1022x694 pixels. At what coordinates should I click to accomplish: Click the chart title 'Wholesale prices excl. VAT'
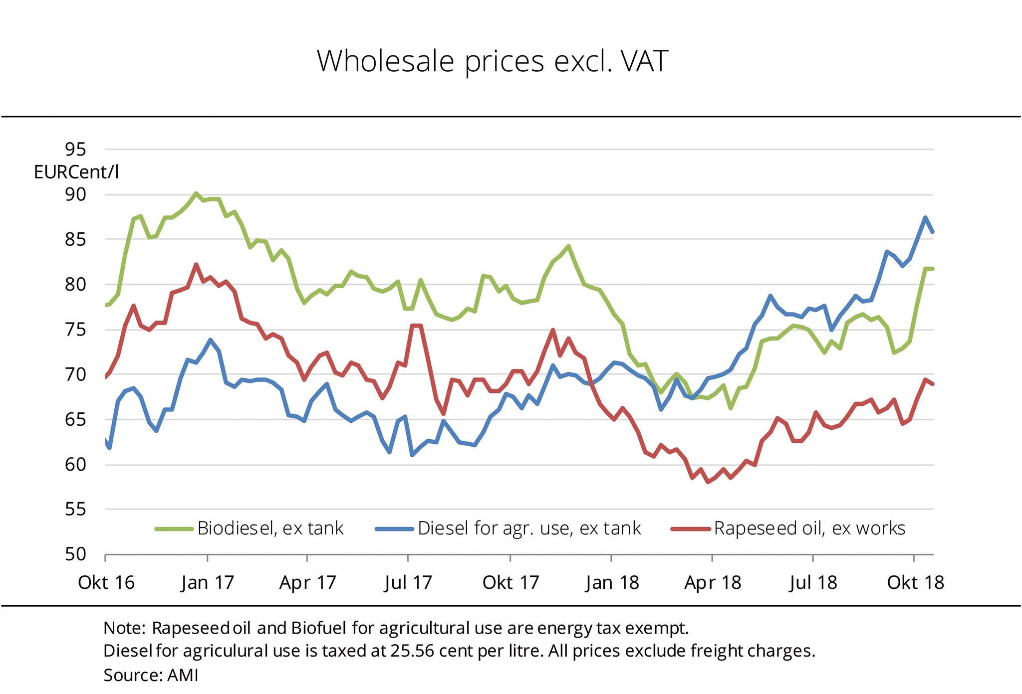point(492,62)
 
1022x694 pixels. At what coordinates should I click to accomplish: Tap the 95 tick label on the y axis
point(75,149)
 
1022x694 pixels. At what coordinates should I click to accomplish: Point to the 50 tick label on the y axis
point(75,554)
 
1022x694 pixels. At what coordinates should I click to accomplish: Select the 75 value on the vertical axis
point(75,330)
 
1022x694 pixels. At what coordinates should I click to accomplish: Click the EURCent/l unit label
point(76,173)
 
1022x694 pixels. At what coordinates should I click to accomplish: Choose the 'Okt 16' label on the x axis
point(106,582)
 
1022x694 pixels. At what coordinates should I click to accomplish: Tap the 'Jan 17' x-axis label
point(208,582)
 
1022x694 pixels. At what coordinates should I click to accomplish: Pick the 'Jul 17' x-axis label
point(408,582)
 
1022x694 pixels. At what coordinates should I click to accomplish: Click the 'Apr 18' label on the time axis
point(713,582)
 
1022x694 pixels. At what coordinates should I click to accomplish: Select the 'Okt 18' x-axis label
point(915,582)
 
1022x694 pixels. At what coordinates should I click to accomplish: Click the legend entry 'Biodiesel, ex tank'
point(270,528)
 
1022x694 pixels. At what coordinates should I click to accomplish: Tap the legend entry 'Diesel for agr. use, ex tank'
point(529,528)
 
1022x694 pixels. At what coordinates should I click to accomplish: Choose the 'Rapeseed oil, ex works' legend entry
point(809,528)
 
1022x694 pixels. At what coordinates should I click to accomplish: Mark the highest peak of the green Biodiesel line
point(196,193)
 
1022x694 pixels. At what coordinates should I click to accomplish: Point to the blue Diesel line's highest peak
point(925,217)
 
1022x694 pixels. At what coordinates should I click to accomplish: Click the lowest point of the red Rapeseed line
point(708,482)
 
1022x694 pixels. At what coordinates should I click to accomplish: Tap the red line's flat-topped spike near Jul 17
point(416,326)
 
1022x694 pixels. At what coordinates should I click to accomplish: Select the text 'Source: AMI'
point(151,675)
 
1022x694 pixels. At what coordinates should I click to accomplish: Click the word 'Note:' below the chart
point(124,628)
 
